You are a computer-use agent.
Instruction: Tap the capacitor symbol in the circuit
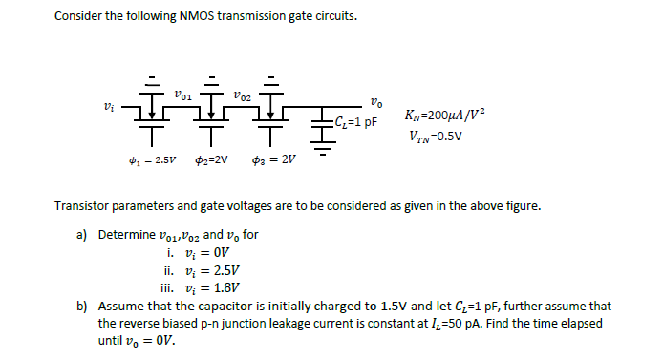coord(322,121)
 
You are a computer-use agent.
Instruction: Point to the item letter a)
coord(82,234)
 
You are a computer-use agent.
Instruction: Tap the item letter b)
coord(82,306)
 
